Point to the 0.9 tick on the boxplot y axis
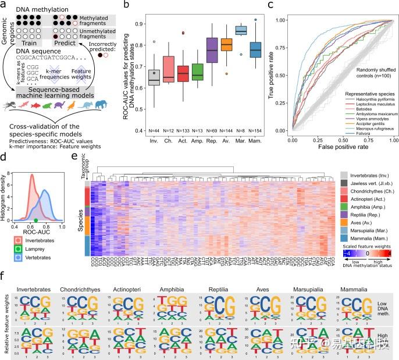[x=138, y=24]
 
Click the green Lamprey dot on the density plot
[x=36, y=220]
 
